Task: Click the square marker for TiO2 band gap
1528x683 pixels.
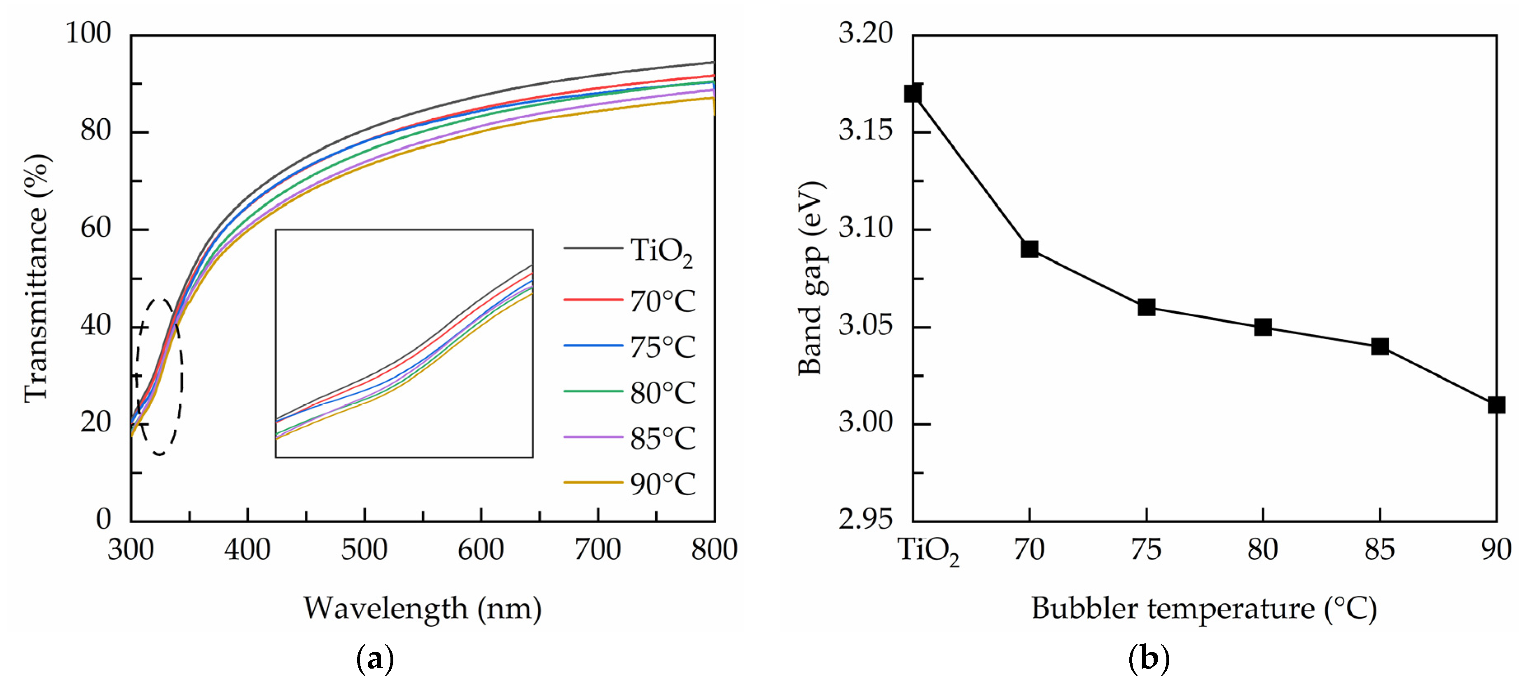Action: tap(912, 93)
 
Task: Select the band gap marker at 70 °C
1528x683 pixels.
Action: tap(1029, 249)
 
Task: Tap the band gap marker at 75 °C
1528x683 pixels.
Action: tap(1146, 307)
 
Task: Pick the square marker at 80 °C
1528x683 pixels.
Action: tap(1263, 326)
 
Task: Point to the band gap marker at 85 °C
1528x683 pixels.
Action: tap(1380, 347)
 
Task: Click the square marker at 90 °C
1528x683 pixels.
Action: tap(1496, 405)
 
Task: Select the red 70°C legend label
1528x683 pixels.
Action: tap(662, 301)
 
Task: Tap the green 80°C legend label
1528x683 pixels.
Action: tap(662, 392)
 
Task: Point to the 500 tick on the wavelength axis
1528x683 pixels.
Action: tap(364, 549)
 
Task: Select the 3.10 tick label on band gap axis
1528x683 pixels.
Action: tap(865, 228)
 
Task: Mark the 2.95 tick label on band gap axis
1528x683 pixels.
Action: tap(865, 520)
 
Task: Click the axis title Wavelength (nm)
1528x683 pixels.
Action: tap(422, 608)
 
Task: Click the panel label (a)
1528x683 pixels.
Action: tap(375, 659)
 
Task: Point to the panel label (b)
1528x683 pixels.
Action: tap(1148, 659)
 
